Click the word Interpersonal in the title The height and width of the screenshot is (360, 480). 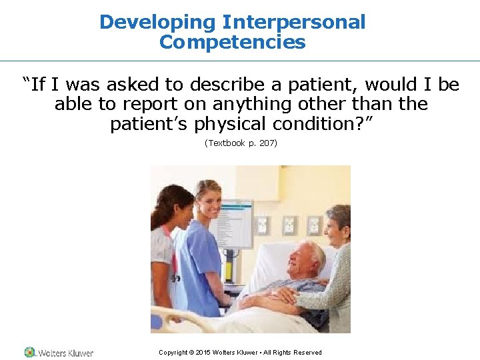tap(294, 22)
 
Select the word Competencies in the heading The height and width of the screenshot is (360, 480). tap(232, 43)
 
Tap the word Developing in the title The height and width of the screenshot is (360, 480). tap(159, 22)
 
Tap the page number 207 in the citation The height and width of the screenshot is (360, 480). tap(264, 143)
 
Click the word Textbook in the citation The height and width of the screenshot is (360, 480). tap(226, 143)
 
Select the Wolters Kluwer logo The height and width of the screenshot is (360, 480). tap(59, 352)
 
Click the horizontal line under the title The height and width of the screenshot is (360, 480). tap(240, 61)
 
